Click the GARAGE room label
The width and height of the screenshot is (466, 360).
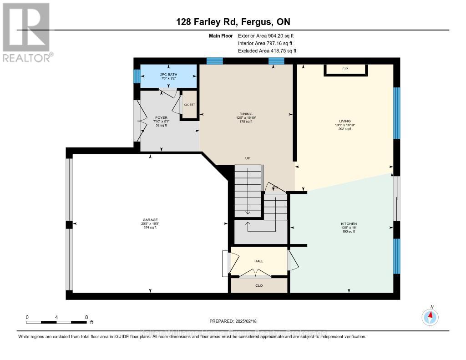pyautogui.click(x=149, y=220)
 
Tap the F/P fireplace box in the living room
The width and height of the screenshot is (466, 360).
pyautogui.click(x=345, y=69)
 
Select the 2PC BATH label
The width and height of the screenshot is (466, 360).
pyautogui.click(x=168, y=74)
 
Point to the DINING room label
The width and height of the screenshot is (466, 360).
pyautogui.click(x=246, y=114)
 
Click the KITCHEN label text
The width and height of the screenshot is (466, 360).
pyautogui.click(x=349, y=224)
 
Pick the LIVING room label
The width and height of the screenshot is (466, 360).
pyautogui.click(x=344, y=122)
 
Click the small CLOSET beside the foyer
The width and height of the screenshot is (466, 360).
pyautogui.click(x=189, y=105)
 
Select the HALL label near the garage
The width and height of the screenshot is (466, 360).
pyautogui.click(x=258, y=261)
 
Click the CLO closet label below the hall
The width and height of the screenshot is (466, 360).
pyautogui.click(x=258, y=285)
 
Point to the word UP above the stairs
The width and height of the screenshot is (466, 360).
pyautogui.click(x=248, y=158)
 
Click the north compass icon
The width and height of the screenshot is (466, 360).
pyautogui.click(x=430, y=316)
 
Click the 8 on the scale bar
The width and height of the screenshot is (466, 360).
pyautogui.click(x=86, y=317)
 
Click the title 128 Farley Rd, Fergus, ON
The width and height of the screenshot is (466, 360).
pyautogui.click(x=233, y=22)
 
